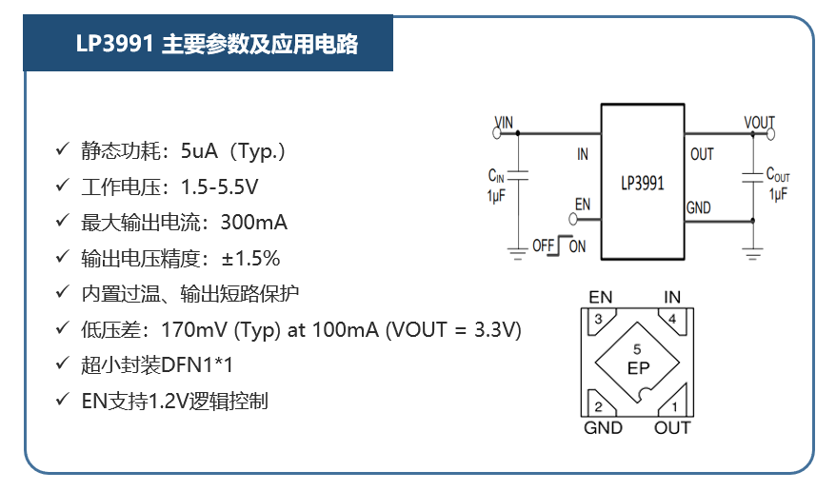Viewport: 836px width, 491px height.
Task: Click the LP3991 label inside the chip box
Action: click(x=642, y=184)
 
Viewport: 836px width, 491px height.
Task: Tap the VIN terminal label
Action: click(x=504, y=123)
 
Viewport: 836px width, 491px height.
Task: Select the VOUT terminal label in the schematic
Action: click(x=759, y=123)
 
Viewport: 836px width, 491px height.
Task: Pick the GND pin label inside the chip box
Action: click(x=698, y=208)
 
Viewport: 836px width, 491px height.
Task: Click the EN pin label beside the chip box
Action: click(x=583, y=205)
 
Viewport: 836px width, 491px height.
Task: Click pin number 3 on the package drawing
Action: click(x=598, y=320)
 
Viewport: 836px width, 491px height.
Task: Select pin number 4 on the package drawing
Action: click(x=672, y=320)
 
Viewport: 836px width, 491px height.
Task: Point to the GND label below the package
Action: click(x=603, y=428)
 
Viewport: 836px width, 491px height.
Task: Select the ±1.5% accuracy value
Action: click(x=250, y=258)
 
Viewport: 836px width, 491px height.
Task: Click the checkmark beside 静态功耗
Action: click(x=62, y=151)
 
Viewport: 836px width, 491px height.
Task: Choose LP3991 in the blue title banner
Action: click(x=115, y=44)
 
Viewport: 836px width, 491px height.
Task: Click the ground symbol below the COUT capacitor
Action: click(x=752, y=252)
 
